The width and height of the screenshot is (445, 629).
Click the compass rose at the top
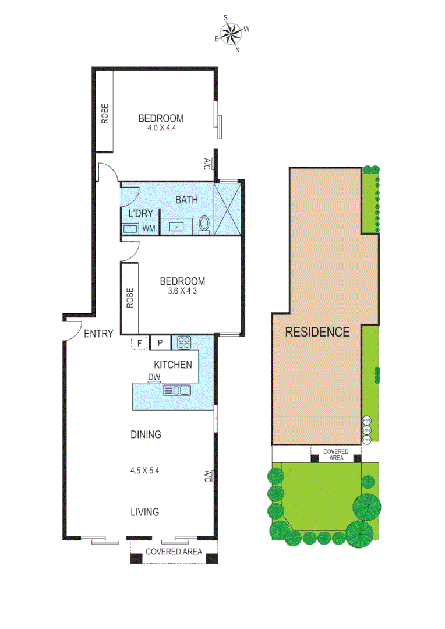[x=232, y=33]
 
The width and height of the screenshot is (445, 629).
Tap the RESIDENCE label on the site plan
[x=317, y=332]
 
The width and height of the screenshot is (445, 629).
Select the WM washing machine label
[x=149, y=229]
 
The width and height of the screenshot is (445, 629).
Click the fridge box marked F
[x=140, y=343]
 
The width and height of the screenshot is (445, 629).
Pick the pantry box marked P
[x=161, y=343]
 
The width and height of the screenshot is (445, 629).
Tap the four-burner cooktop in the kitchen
[x=184, y=343]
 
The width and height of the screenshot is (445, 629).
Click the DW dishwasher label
[x=154, y=377]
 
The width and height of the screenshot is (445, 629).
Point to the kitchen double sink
[x=177, y=390]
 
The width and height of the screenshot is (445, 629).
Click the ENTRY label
[x=98, y=334]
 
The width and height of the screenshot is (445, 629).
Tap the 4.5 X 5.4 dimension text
[x=145, y=469]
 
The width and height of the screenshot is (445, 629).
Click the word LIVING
[x=145, y=512]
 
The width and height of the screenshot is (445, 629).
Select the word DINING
[x=145, y=434]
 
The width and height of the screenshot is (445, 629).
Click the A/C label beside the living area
[x=207, y=476]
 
